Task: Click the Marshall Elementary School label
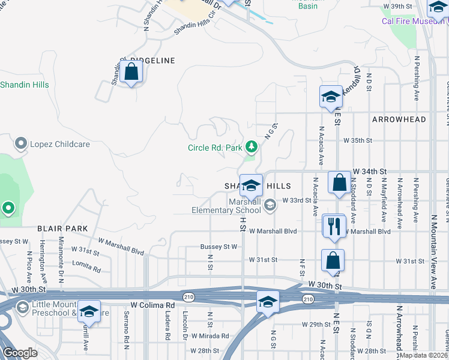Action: [x=227, y=206]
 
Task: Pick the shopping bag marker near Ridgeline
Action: [x=131, y=72]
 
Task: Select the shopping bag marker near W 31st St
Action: [x=333, y=260]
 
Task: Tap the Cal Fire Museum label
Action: [x=415, y=21]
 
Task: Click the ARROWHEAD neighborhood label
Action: [x=399, y=119]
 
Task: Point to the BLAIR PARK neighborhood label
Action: [x=62, y=229]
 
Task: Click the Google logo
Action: [x=20, y=353]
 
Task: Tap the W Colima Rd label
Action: [x=152, y=305]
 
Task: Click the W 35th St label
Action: [x=358, y=140]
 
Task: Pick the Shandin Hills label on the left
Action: [x=25, y=85]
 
